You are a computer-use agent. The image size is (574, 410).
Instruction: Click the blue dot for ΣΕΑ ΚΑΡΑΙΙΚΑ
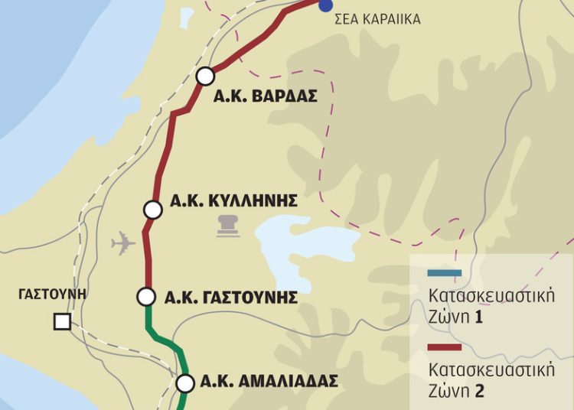(326, 5)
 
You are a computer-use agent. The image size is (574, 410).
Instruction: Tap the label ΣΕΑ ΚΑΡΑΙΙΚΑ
(378, 20)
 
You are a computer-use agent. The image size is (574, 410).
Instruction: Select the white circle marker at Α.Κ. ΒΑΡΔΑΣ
(205, 76)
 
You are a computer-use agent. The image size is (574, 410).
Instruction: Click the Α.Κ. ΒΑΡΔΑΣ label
(266, 97)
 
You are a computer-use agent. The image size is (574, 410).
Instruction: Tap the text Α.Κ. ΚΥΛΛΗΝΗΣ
(233, 201)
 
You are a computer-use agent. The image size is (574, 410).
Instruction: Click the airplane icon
(122, 244)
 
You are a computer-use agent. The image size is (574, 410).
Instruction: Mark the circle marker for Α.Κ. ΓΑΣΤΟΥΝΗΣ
(146, 296)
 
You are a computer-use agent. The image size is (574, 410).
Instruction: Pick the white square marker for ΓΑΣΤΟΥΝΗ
(62, 321)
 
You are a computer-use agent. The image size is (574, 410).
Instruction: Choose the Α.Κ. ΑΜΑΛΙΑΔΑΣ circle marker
(184, 383)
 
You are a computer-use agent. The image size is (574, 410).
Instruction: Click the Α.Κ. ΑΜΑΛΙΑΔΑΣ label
(268, 382)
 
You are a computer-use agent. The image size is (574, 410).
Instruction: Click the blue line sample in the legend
(445, 273)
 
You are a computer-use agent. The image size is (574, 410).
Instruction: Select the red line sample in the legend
(445, 348)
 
